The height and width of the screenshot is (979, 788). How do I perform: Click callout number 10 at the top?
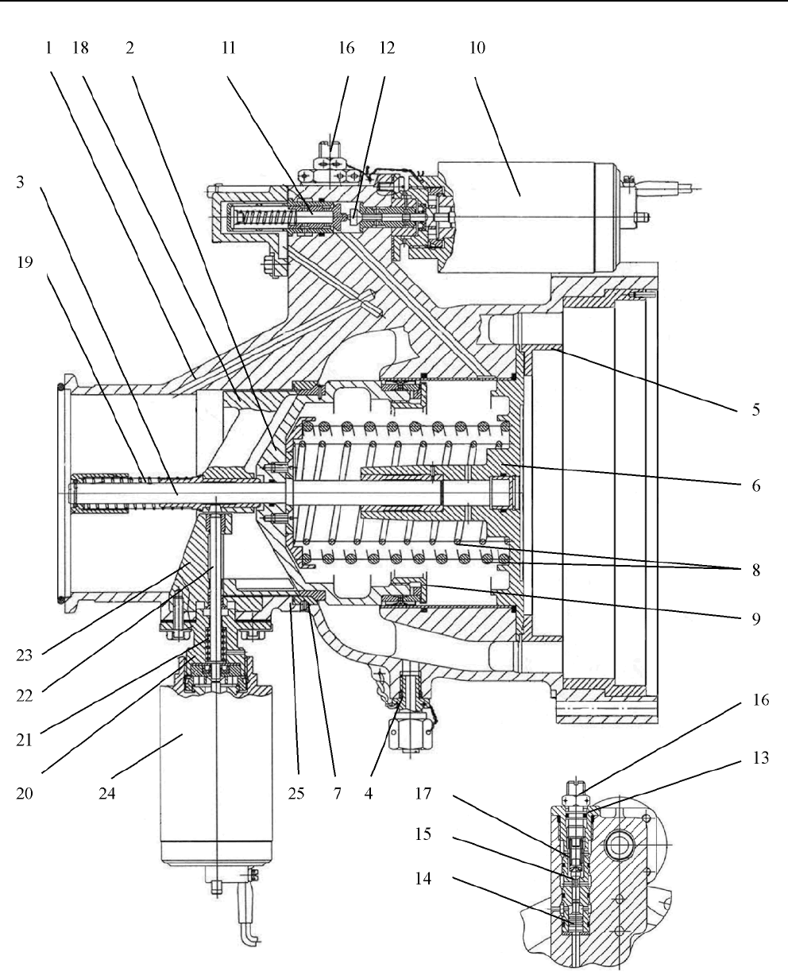point(477,48)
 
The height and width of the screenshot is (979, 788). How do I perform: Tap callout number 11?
point(229,48)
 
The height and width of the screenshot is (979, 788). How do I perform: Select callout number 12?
point(387,48)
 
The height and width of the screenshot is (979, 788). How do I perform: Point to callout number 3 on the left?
point(20,182)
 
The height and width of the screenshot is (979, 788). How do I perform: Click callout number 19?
point(25,262)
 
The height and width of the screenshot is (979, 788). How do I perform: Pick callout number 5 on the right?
point(755,409)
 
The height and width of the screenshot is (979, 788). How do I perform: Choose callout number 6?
point(755,486)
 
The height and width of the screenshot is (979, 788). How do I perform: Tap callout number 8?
point(755,570)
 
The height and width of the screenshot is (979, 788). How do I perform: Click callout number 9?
point(755,619)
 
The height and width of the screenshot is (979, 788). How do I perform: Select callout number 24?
point(107,793)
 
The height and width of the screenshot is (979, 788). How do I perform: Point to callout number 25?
point(296,793)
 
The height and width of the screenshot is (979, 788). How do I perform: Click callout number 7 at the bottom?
point(337,793)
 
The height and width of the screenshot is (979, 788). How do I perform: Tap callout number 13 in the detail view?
point(761,758)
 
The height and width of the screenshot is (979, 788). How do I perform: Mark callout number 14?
point(423,878)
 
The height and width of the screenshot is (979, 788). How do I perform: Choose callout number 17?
point(423,793)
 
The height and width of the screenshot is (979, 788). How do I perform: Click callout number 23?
point(25,655)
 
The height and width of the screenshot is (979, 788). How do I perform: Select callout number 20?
point(25,793)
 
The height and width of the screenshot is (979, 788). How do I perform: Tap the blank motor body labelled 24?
point(216,773)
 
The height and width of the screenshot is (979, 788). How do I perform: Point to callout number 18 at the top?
point(80,48)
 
